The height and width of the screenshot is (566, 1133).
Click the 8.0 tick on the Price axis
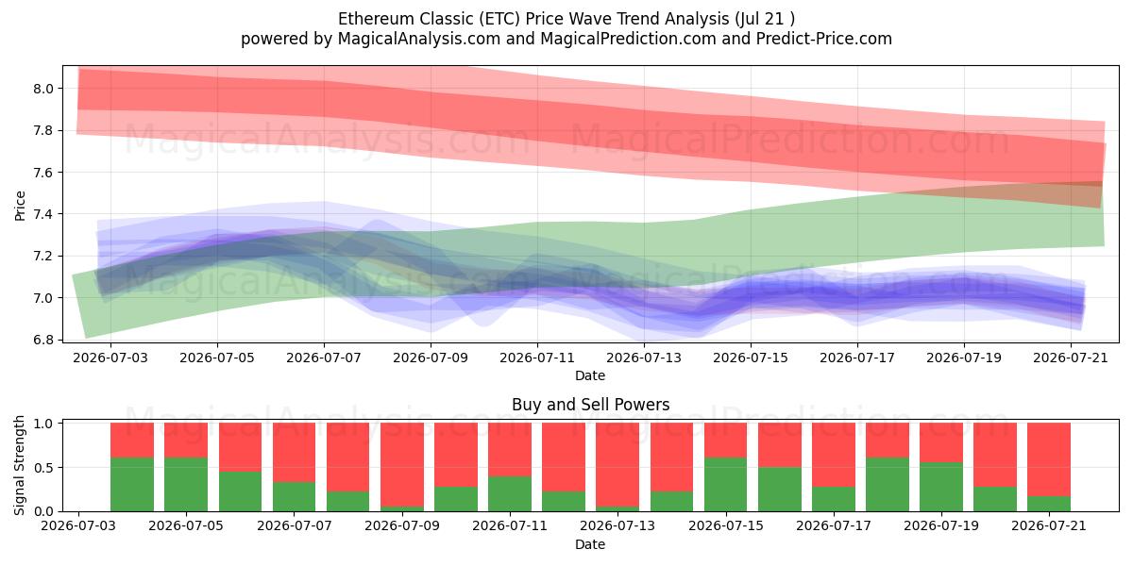tap(43, 89)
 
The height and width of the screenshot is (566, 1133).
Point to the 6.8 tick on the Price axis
tap(43, 340)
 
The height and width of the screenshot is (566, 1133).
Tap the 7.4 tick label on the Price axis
tap(43, 214)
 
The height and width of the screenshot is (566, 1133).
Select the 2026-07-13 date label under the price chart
tap(644, 358)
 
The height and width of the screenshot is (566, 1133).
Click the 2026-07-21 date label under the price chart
tap(1071, 358)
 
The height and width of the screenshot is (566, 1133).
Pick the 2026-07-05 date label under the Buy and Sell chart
tap(186, 525)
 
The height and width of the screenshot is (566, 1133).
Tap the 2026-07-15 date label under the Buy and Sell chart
tap(726, 525)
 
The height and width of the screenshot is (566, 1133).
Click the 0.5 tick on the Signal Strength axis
tap(43, 468)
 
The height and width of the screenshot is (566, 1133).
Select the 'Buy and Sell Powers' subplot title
tap(590, 405)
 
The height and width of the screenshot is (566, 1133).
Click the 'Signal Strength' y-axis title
tap(19, 465)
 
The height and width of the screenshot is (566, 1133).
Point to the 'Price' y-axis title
tap(20, 206)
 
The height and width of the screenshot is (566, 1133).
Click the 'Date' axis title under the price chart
tap(590, 375)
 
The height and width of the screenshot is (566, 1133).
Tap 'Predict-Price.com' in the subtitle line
tap(824, 39)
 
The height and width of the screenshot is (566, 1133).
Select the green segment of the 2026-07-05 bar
tap(186, 485)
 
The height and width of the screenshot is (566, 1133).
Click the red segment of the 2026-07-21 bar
tap(1049, 459)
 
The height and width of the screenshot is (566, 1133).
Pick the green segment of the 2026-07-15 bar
tap(726, 485)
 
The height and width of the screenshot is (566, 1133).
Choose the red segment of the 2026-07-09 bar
tap(402, 464)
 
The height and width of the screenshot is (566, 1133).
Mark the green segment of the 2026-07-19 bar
tap(941, 487)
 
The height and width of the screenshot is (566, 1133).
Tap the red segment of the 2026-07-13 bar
tap(617, 464)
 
